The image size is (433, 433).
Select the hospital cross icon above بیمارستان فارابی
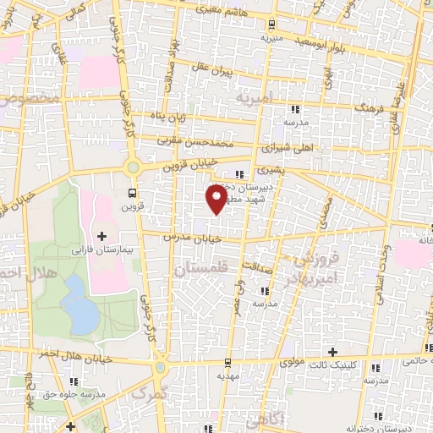(102, 236)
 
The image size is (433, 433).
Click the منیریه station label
(270, 38)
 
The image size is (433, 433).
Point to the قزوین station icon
(131, 191)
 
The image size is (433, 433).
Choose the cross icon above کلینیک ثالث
(332, 351)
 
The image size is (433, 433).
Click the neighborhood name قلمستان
(201, 270)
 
